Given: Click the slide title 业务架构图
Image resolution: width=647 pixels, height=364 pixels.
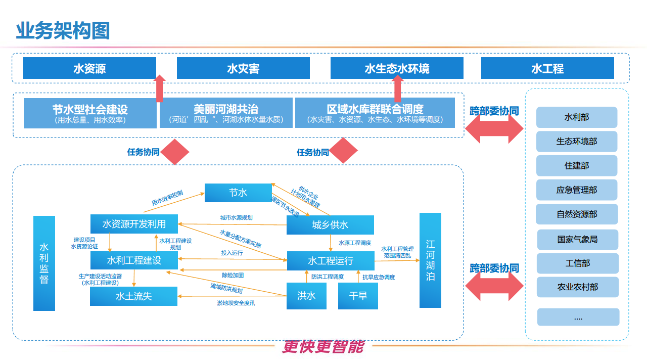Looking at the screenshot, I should pyautogui.click(x=63, y=31).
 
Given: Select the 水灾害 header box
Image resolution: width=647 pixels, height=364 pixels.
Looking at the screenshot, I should pyautogui.click(x=243, y=68).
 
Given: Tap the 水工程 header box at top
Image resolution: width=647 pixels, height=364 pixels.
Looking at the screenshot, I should pyautogui.click(x=547, y=68).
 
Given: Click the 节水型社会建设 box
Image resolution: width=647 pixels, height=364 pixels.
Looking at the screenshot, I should pyautogui.click(x=90, y=113).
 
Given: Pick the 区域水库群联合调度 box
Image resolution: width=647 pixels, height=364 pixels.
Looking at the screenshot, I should pyautogui.click(x=375, y=113).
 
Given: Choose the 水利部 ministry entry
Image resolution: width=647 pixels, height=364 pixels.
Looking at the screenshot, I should pyautogui.click(x=577, y=117).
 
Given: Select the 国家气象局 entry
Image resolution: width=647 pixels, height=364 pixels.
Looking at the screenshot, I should pyautogui.click(x=577, y=239).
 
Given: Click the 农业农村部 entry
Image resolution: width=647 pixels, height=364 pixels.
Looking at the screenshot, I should pyautogui.click(x=577, y=287).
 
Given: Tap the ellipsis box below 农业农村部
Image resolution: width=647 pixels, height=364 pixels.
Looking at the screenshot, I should pyautogui.click(x=578, y=317).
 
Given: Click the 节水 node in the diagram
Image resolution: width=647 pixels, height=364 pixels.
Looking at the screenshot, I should pyautogui.click(x=238, y=193).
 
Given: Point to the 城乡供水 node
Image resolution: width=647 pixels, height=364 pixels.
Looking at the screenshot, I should pyautogui.click(x=330, y=225).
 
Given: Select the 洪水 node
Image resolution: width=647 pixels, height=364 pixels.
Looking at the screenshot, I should pyautogui.click(x=306, y=296).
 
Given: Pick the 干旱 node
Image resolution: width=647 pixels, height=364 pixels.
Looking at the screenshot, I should pyautogui.click(x=358, y=296).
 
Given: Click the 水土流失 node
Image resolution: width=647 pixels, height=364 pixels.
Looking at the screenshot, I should pyautogui.click(x=133, y=296).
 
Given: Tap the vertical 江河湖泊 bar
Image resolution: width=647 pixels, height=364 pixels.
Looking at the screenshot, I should pyautogui.click(x=430, y=260).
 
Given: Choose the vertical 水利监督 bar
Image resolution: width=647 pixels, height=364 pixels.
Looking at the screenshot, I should pyautogui.click(x=44, y=263).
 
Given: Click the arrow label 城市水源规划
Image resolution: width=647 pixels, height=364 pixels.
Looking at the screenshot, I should pyautogui.click(x=236, y=218).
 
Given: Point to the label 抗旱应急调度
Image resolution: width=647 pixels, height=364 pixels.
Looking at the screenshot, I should pyautogui.click(x=379, y=277).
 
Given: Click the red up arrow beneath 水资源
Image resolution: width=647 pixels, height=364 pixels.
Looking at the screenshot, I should pyautogui.click(x=160, y=89).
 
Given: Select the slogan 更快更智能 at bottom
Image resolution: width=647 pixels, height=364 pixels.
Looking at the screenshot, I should pyautogui.click(x=323, y=346).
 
